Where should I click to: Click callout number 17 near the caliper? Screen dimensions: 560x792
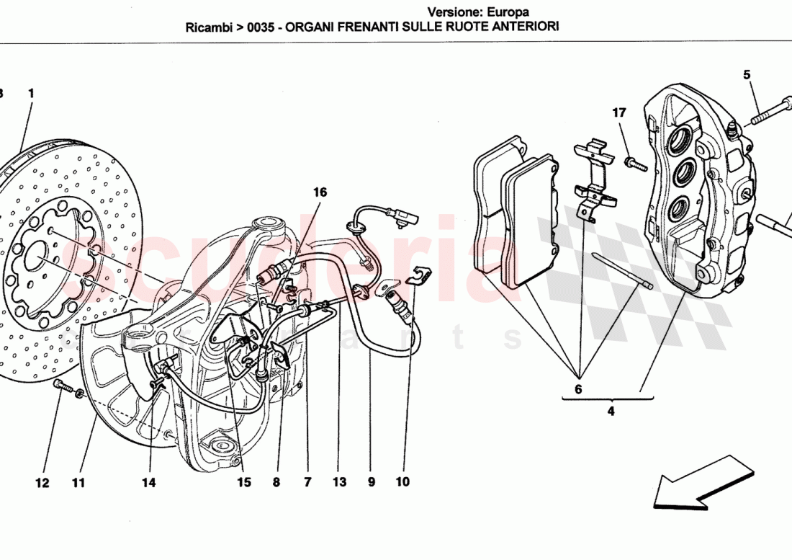(x=619, y=113)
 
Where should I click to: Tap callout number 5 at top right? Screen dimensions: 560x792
(x=747, y=75)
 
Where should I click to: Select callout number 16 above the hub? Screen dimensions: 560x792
(x=320, y=192)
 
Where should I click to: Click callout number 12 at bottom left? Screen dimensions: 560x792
(x=42, y=483)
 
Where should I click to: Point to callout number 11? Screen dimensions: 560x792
(x=78, y=483)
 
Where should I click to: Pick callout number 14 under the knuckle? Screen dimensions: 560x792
(x=148, y=483)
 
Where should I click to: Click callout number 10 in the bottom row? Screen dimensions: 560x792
(x=402, y=482)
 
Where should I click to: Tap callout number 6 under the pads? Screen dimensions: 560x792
(x=578, y=390)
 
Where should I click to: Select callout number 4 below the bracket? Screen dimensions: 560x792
(x=611, y=412)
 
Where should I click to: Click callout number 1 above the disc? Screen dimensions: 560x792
(x=31, y=94)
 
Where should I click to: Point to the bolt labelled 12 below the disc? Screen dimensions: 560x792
(x=66, y=389)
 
